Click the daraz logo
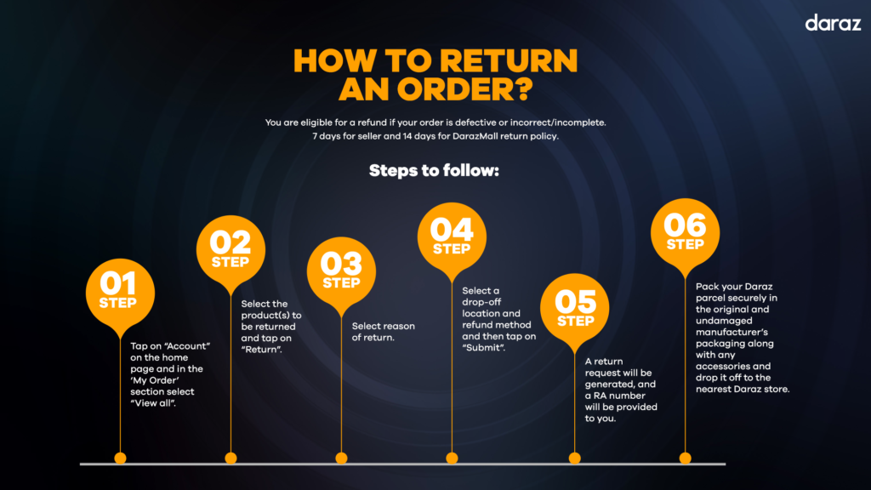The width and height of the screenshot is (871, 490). tap(833, 23)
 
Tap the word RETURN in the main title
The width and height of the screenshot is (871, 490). tap(510, 60)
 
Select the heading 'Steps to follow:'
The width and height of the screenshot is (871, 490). tap(434, 170)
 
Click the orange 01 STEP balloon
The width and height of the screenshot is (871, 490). tap(120, 294)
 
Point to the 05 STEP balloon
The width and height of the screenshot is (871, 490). tap(574, 309)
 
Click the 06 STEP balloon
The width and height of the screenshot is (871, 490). tap(685, 234)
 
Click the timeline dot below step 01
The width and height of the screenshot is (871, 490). tap(120, 459)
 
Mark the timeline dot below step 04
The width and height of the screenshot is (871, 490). tap(452, 459)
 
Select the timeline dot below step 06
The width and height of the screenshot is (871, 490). tap(685, 459)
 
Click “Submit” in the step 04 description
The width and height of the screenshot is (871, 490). tap(484, 348)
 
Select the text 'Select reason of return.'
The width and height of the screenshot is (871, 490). tap(384, 332)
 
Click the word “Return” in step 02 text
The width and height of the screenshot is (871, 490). tap(262, 350)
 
